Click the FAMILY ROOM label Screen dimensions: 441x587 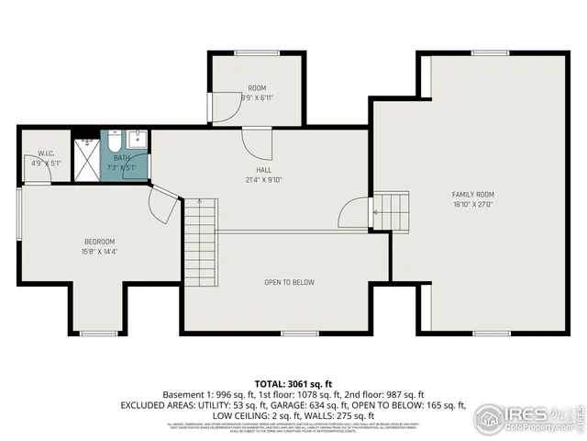point(472,195)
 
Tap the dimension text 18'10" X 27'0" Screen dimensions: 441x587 point(472,206)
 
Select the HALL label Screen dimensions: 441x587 point(263,169)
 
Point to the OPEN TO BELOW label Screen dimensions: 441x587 point(289,282)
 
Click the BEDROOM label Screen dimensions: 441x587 point(99,242)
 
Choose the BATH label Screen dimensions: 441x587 point(121,158)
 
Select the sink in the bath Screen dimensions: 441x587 point(137,141)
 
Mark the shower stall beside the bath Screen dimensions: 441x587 point(86,160)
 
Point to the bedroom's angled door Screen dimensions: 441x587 point(164,205)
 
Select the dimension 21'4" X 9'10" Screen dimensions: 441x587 point(263,179)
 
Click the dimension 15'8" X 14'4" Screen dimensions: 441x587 point(99,252)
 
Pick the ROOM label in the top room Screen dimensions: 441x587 point(256,87)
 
